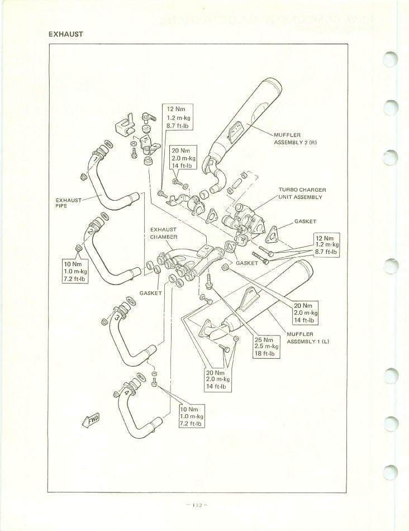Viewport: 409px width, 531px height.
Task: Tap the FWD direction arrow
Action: (91, 420)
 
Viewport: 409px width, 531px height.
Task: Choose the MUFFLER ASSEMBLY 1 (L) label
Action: (305, 337)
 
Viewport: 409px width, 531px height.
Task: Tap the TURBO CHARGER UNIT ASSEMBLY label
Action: (302, 193)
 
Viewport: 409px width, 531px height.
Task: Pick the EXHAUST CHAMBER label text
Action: (163, 233)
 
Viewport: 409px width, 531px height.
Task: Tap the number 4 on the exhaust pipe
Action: (126, 392)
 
